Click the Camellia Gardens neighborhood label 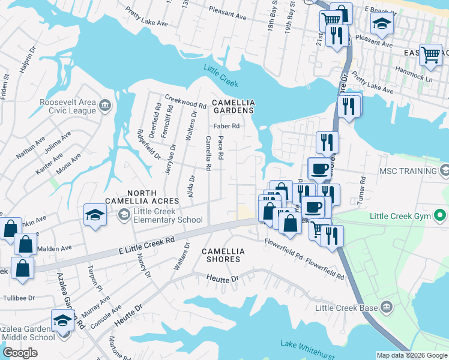(232, 107)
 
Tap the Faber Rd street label (228, 126)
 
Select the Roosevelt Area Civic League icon (105, 106)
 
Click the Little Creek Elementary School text (168, 215)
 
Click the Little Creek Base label (347, 308)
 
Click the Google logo (20, 352)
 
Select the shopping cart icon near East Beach (431, 55)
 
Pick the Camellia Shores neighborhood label (221, 255)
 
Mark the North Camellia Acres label (142, 200)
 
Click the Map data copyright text (411, 355)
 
